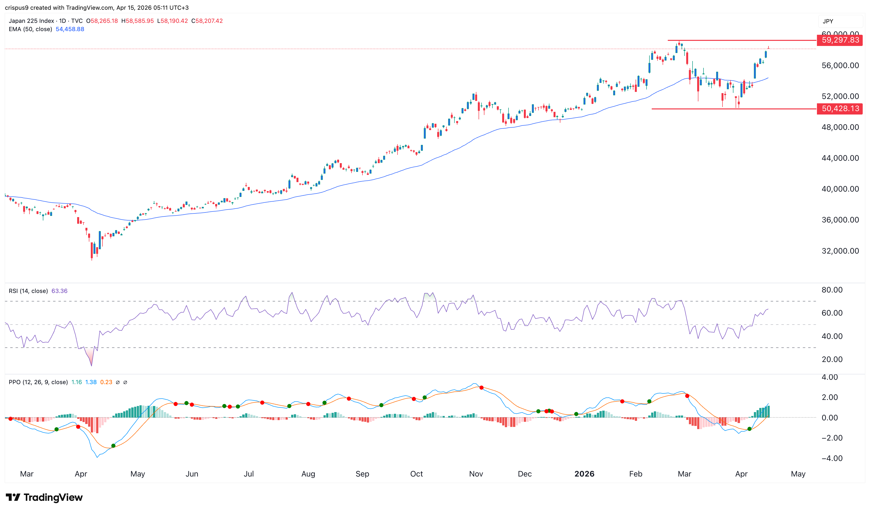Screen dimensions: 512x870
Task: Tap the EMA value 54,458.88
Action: tap(70, 29)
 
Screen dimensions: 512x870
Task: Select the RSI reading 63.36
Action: tap(59, 291)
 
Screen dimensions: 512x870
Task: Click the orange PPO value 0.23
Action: tap(106, 382)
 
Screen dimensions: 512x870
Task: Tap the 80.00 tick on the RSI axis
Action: tap(832, 290)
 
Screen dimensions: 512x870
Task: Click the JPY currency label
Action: tap(827, 21)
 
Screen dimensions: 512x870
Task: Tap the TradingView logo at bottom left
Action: tap(44, 497)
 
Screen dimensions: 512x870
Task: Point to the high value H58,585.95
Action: tap(138, 21)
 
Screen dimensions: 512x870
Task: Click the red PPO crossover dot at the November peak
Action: tap(481, 388)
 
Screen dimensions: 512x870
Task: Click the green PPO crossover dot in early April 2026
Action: tap(749, 429)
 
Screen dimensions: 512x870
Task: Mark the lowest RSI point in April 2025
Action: tap(92, 365)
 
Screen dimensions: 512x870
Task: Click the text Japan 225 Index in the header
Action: tap(31, 21)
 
